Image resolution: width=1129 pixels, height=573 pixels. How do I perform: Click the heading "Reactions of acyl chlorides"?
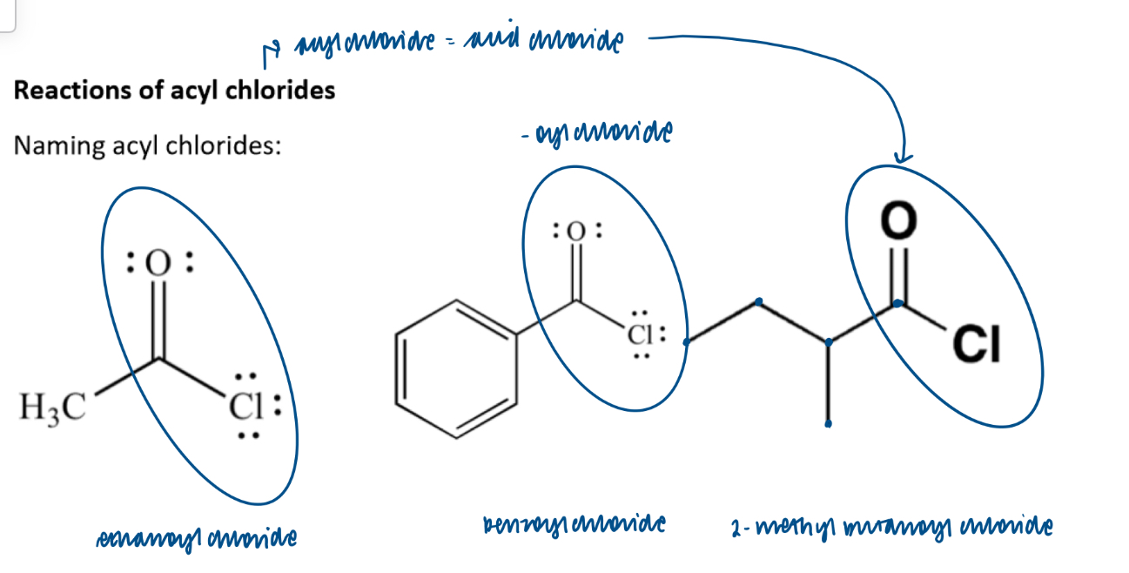pyautogui.click(x=174, y=90)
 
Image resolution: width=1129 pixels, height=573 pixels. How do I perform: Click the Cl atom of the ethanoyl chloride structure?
pyautogui.click(x=246, y=407)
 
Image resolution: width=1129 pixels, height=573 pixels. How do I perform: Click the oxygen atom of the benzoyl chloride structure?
pyautogui.click(x=575, y=233)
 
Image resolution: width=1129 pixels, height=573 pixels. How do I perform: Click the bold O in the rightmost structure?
pyautogui.click(x=898, y=220)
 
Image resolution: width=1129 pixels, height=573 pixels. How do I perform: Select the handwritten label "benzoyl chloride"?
pyautogui.click(x=574, y=525)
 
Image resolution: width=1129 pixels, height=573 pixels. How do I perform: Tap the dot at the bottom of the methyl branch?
pyautogui.click(x=828, y=424)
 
